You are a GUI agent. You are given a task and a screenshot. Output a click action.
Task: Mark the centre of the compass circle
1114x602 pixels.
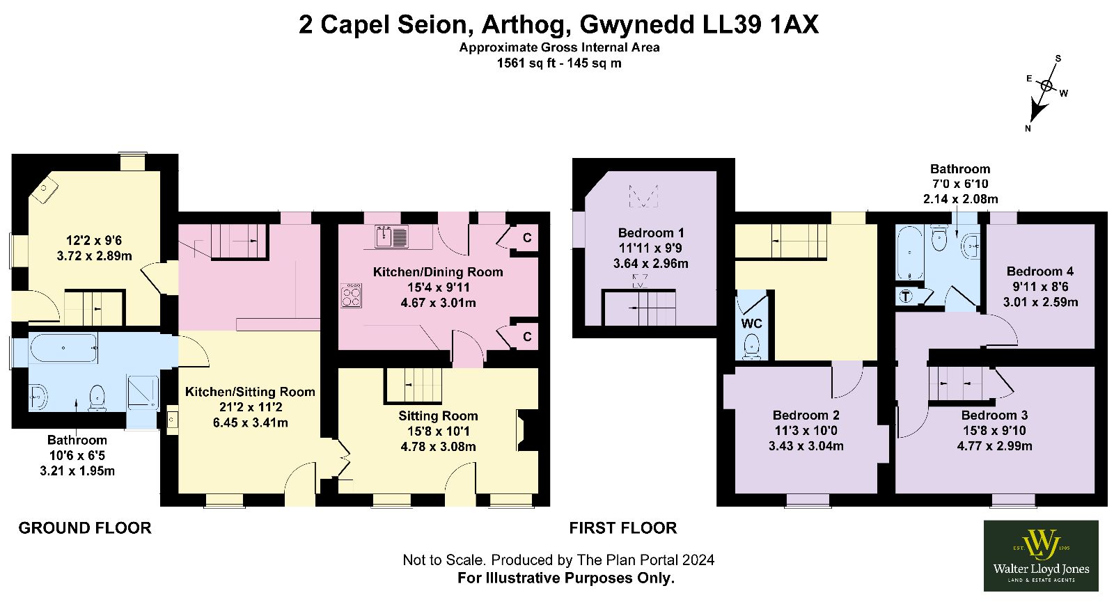[x=1046, y=86]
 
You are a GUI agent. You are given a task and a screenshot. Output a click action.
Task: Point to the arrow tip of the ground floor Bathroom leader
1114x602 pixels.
[x=76, y=399]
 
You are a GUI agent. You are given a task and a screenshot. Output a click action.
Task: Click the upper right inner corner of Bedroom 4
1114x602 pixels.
[x=1095, y=224]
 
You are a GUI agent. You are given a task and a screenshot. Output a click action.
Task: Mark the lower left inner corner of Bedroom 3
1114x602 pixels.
[x=895, y=493]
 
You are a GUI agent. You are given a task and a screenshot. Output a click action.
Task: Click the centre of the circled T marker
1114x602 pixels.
[x=906, y=296]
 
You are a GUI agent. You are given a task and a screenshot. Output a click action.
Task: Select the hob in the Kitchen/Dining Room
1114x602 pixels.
[x=351, y=295]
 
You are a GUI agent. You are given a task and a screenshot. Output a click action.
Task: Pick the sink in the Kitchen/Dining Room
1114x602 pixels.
[x=392, y=237]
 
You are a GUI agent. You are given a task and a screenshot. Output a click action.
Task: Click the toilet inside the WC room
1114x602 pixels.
[x=751, y=347]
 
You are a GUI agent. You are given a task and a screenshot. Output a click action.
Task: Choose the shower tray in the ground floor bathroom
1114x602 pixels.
[x=143, y=393]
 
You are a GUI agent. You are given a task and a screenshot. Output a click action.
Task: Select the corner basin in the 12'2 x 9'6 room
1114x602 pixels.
[x=45, y=189]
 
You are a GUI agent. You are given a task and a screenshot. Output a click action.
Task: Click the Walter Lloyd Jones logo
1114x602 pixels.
[x=1041, y=556]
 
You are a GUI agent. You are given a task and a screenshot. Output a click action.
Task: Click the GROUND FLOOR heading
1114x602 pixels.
[x=85, y=528]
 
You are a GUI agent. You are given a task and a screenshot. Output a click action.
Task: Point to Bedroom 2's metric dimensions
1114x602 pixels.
[x=806, y=446]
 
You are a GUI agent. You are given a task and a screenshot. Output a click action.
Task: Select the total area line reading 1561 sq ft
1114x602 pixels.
[x=559, y=63]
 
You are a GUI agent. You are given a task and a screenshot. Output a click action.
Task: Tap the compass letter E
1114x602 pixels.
[x=1030, y=79]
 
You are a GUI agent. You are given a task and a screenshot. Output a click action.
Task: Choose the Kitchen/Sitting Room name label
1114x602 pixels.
[x=250, y=392]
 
